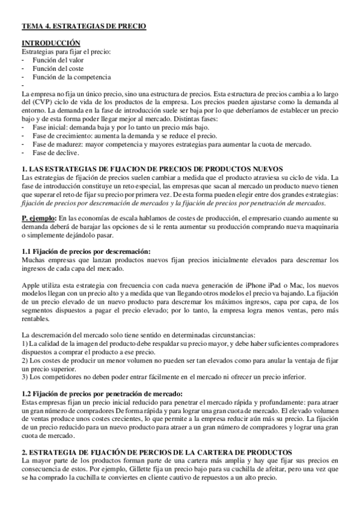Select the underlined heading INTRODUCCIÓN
[x=51, y=43]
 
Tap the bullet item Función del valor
[x=58, y=60]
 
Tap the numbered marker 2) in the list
[x=25, y=360]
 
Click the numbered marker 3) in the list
[x=25, y=376]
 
